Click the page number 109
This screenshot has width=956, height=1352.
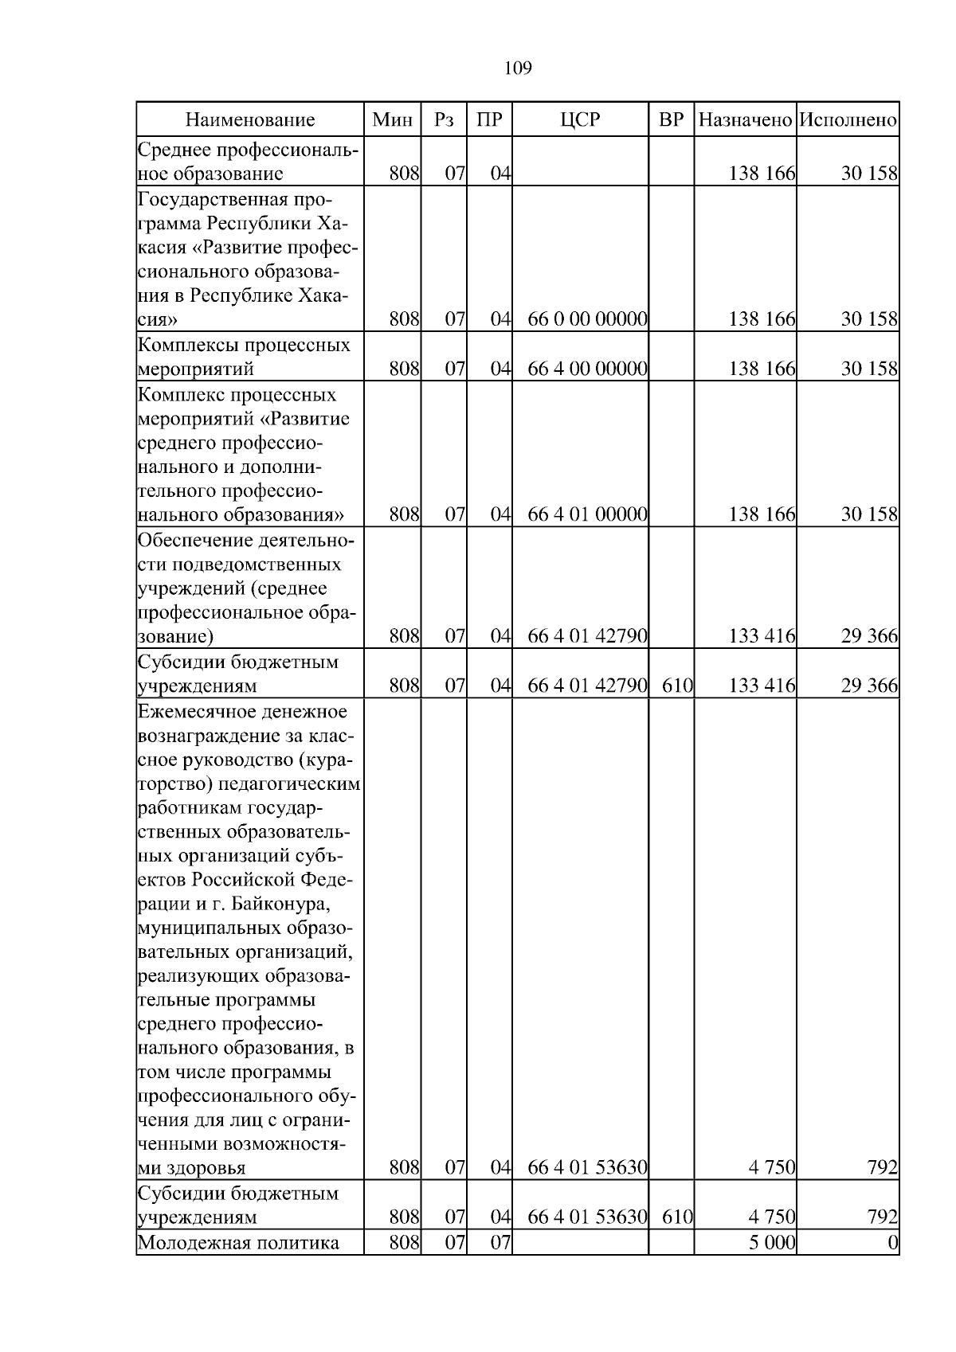[518, 68]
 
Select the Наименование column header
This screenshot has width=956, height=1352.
[250, 120]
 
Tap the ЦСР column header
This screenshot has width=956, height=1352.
[580, 120]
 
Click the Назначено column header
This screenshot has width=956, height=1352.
[745, 120]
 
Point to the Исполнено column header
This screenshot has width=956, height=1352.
[848, 120]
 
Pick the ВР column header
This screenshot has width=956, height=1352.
[672, 120]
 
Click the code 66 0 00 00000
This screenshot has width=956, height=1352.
[587, 320]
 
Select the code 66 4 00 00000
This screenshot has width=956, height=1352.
[587, 369]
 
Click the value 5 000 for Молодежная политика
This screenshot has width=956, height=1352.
[772, 1265]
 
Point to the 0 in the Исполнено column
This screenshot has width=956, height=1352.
[893, 1265]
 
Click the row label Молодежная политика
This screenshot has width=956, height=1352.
[238, 1265]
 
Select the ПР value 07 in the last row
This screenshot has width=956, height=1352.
[500, 1265]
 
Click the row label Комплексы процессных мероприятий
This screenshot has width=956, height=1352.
[244, 357]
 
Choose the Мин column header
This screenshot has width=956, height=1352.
[392, 120]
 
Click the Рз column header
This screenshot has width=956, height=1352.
[444, 120]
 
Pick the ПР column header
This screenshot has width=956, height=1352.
[489, 120]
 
